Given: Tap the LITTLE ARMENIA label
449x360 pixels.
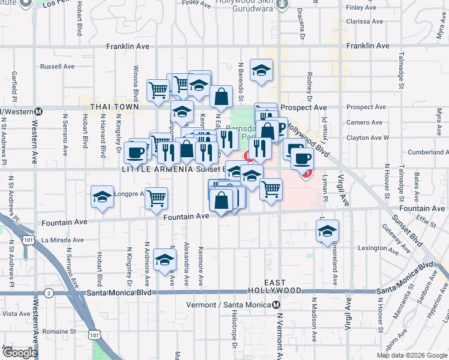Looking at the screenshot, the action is click(x=158, y=169).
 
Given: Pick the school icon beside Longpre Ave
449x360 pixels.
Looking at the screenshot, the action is click(x=103, y=197).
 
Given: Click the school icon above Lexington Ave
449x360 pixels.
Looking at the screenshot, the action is click(x=327, y=231).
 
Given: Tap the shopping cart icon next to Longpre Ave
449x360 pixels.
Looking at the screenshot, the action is click(x=156, y=198).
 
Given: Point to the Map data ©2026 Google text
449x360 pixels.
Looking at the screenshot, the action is click(x=412, y=355).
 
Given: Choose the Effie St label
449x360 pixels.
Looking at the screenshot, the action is click(x=427, y=221).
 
